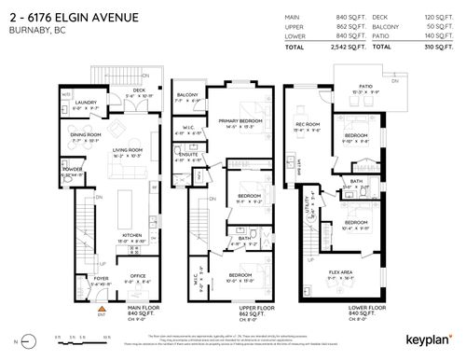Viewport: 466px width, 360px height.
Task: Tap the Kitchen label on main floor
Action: (x=128, y=237)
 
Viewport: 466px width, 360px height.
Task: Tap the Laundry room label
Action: (x=84, y=104)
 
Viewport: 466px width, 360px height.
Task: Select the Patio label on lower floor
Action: (x=343, y=88)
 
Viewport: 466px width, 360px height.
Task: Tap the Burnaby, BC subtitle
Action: (x=32, y=27)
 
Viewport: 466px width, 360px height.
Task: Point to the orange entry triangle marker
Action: (x=101, y=305)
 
